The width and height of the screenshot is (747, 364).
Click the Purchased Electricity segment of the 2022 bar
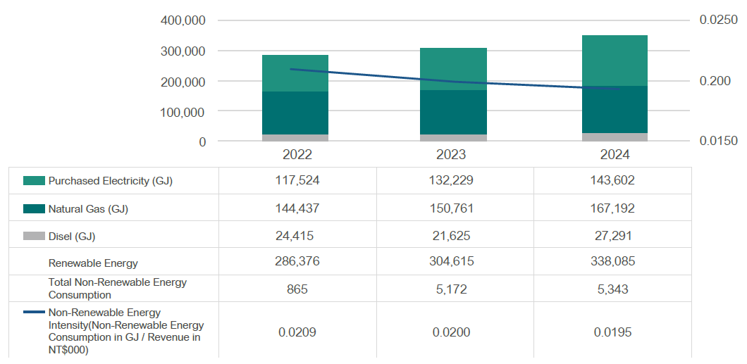(295, 73)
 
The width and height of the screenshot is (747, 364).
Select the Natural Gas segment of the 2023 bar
(453, 112)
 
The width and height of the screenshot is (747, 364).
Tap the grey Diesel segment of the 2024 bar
(614, 137)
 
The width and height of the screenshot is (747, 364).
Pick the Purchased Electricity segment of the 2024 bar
(614, 61)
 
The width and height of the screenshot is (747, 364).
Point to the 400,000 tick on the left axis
(183, 20)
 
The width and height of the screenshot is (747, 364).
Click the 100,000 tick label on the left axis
(183, 112)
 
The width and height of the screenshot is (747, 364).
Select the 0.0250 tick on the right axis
(718, 20)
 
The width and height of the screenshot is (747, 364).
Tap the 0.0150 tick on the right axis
(718, 142)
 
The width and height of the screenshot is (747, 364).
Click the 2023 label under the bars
(452, 155)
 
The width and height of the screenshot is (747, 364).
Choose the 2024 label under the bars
(614, 155)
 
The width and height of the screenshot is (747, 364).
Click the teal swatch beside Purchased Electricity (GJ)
(34, 181)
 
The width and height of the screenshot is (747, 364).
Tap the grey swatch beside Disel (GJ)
(34, 237)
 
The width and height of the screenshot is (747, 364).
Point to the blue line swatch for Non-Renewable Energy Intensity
(34, 313)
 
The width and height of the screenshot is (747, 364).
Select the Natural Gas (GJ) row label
(88, 209)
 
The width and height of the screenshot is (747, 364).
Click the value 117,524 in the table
(297, 180)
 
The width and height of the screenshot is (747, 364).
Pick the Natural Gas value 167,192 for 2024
(612, 208)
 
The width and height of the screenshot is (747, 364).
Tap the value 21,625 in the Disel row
(455, 236)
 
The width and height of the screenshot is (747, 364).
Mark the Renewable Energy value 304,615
(455, 261)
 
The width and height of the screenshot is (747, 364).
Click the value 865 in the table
(297, 289)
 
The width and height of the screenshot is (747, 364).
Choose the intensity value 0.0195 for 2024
(612, 332)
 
